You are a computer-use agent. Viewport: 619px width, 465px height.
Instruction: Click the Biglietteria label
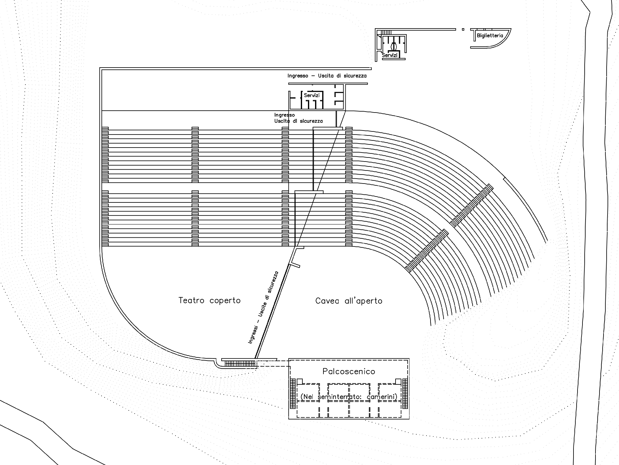click(x=490, y=36)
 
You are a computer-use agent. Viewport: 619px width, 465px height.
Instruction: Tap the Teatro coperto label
click(x=210, y=300)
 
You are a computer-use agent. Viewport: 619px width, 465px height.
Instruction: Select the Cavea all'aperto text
click(x=349, y=301)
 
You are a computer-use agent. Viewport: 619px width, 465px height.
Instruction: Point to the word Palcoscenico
click(x=349, y=371)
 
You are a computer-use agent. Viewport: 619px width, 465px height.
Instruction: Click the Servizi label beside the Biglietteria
click(x=390, y=55)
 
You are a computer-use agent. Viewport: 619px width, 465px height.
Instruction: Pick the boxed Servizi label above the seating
click(x=312, y=95)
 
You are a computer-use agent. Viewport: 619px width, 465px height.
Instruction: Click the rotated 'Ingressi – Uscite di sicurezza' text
click(x=263, y=308)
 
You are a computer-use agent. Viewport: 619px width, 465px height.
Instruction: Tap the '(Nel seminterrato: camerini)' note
click(x=349, y=397)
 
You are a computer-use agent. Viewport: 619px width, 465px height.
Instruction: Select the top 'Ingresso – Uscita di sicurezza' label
click(x=327, y=76)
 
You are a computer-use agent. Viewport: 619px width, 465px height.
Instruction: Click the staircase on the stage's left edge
click(x=292, y=394)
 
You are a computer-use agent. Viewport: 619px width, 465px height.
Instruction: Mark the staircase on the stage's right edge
click(x=405, y=394)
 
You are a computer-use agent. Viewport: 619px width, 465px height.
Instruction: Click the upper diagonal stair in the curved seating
click(x=471, y=206)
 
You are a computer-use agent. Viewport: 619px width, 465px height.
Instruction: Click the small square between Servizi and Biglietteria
click(x=463, y=29)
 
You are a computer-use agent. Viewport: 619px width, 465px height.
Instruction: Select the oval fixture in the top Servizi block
click(x=393, y=46)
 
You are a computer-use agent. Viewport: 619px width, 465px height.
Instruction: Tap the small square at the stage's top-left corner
click(x=300, y=382)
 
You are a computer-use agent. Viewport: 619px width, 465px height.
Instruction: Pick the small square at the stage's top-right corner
click(x=398, y=382)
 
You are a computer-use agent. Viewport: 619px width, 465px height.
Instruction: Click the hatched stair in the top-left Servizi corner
click(x=386, y=32)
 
